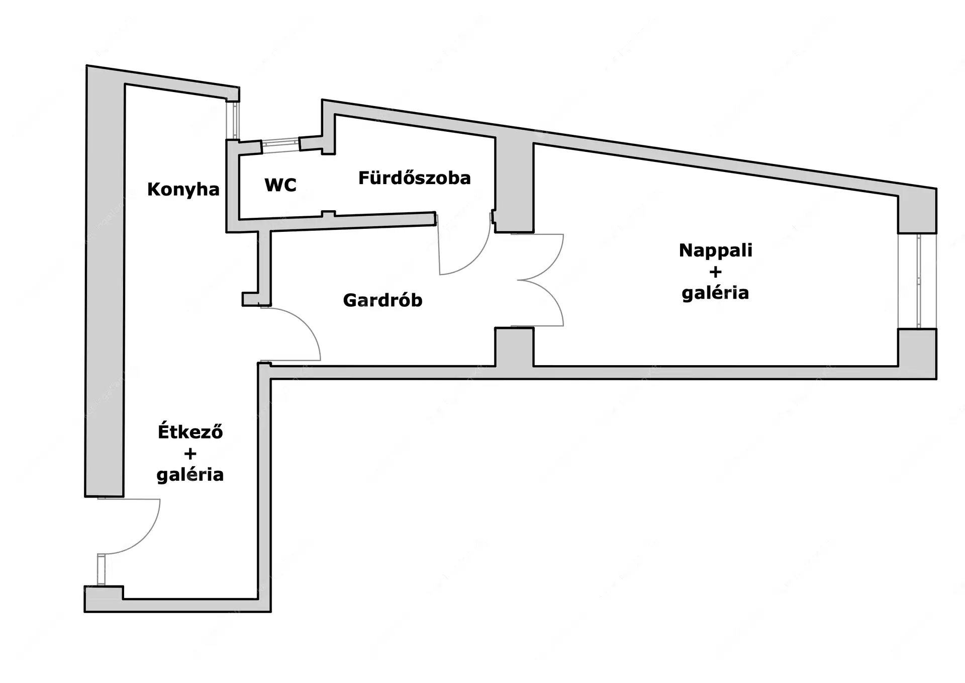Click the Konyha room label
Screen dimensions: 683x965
point(183,190)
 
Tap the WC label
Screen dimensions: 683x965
point(280,185)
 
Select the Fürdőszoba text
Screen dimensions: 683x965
point(414,178)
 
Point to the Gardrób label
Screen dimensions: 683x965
point(382,300)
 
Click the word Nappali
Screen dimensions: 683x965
point(715,250)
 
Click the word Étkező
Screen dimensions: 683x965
point(190,432)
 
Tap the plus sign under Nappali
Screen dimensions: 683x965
point(715,272)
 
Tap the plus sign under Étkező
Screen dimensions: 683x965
point(190,454)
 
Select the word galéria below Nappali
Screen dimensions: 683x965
point(715,293)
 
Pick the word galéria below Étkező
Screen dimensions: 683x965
point(190,475)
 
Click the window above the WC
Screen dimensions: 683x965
point(280,143)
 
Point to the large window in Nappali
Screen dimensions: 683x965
point(918,281)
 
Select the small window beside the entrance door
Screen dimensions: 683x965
point(102,569)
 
